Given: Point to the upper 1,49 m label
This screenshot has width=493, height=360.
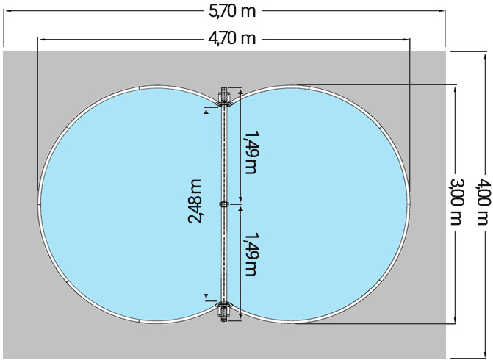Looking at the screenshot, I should point(251,152).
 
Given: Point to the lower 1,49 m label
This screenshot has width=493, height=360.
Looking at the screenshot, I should point(251,254).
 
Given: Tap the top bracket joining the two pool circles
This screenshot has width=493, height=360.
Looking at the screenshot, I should point(225,96).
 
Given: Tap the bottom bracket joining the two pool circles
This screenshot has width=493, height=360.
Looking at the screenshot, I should point(225,312).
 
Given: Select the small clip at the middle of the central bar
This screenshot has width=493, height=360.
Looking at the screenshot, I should point(225,204).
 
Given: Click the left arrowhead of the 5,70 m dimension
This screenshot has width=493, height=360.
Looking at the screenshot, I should point(7,12).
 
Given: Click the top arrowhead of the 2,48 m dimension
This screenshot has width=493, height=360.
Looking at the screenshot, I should point(206,108).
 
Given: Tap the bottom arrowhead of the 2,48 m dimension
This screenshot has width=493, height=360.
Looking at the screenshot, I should point(206,298).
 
